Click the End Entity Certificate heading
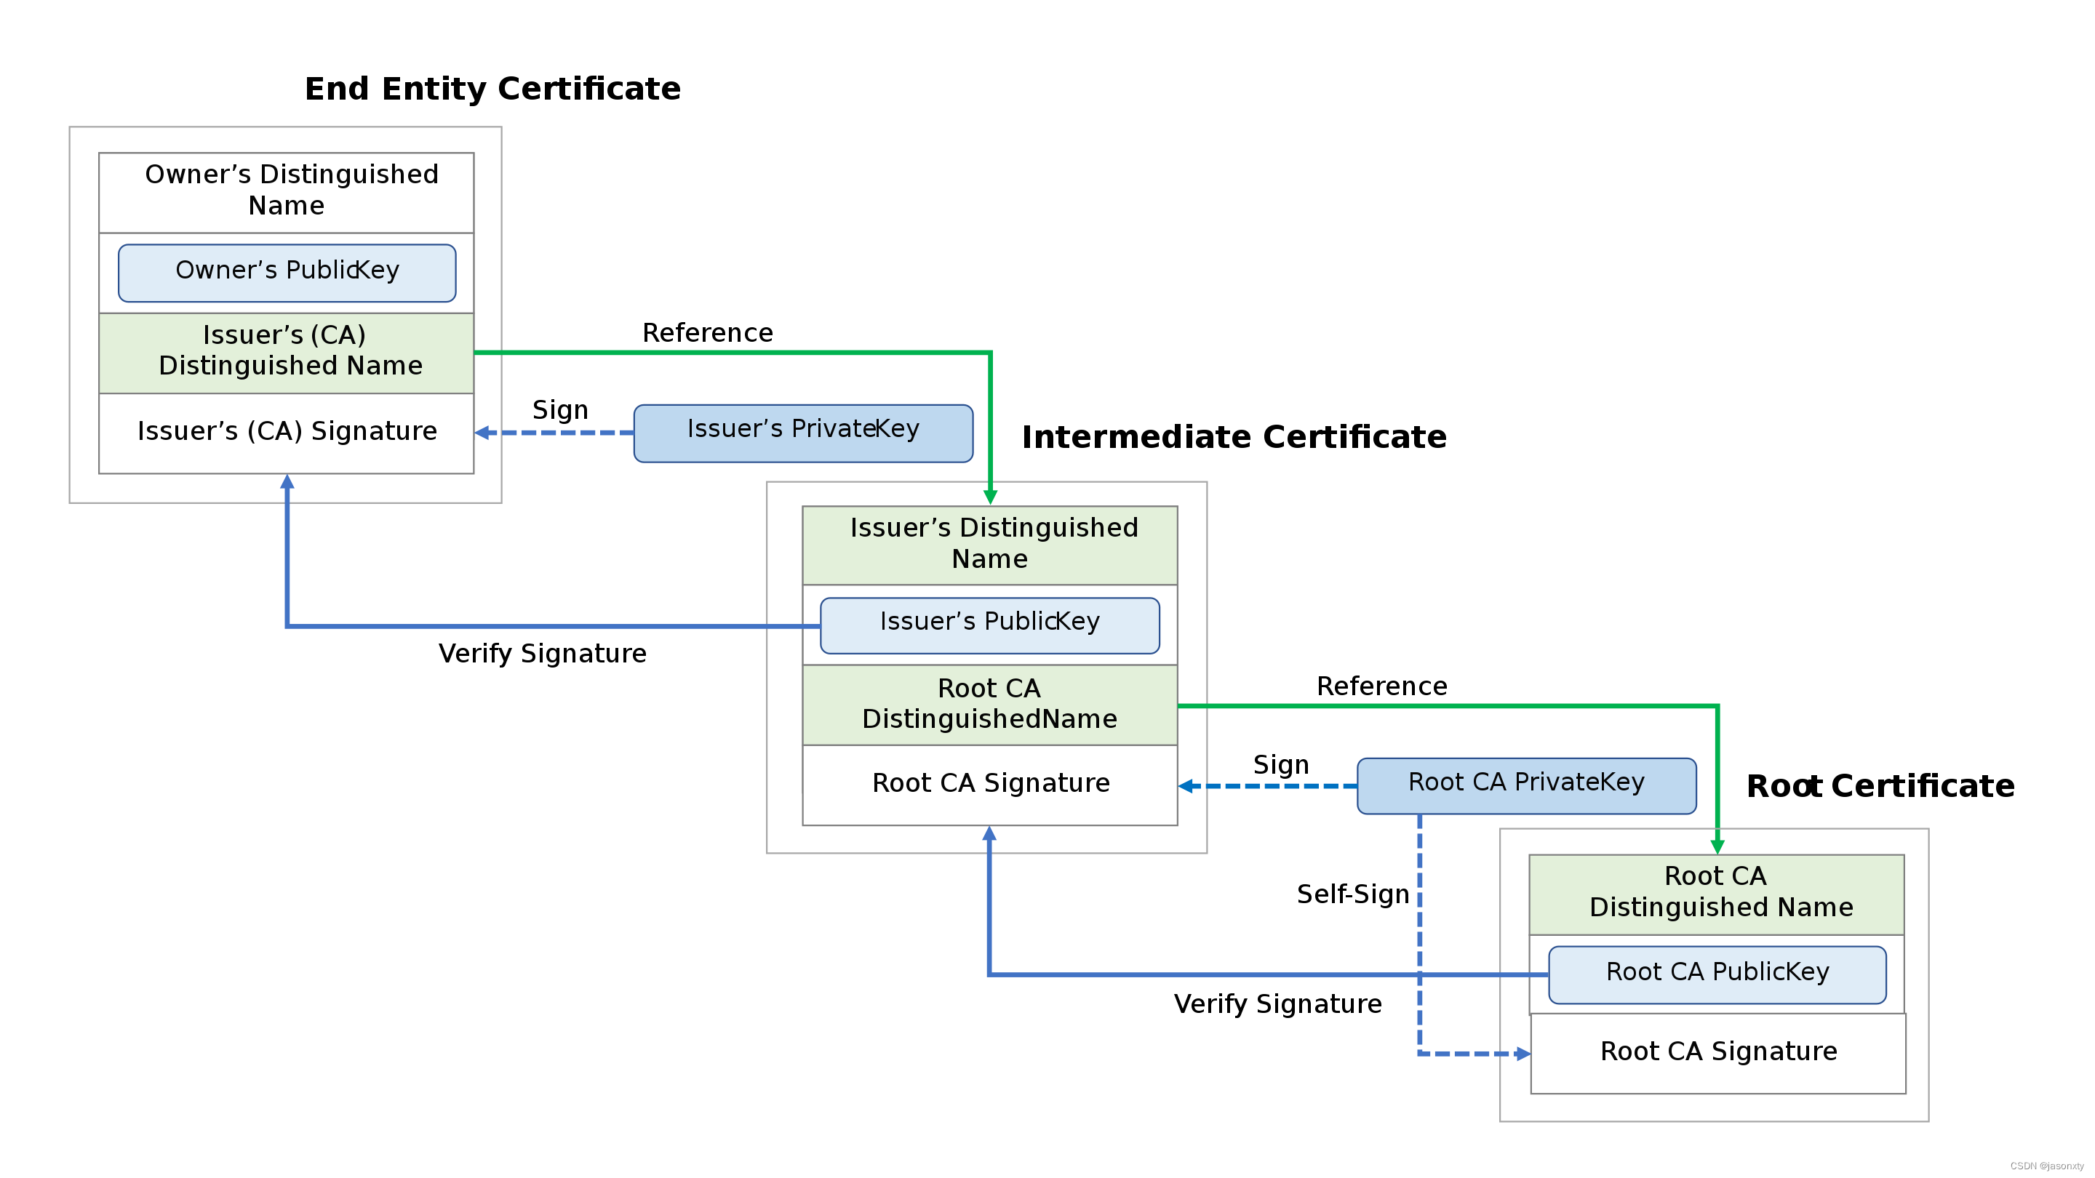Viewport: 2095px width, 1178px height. pyautogui.click(x=492, y=89)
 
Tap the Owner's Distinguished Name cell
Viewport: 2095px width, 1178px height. pyautogui.click(x=287, y=191)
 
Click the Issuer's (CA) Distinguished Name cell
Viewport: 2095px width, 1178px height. pyautogui.click(x=287, y=352)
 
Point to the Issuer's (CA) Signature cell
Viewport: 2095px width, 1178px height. pyautogui.click(x=287, y=432)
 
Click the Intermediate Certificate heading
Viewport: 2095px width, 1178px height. pyautogui.click(x=1234, y=437)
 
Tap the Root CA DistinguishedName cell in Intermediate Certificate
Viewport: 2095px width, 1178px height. pyautogui.click(x=990, y=704)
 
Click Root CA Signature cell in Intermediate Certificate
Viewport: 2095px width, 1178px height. pyautogui.click(x=990, y=784)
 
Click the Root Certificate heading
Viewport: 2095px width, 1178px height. pyautogui.click(x=1880, y=786)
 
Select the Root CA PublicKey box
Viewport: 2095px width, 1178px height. pyautogui.click(x=1717, y=974)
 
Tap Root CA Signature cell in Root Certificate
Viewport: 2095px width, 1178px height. pyautogui.click(x=1717, y=1052)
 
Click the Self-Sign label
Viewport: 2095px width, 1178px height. pyautogui.click(x=1352, y=894)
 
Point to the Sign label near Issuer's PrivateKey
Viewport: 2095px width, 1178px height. pyautogui.click(x=559, y=409)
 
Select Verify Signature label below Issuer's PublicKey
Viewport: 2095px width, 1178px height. pyautogui.click(x=543, y=654)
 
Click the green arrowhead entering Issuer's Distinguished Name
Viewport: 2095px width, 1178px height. pyautogui.click(x=990, y=496)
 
